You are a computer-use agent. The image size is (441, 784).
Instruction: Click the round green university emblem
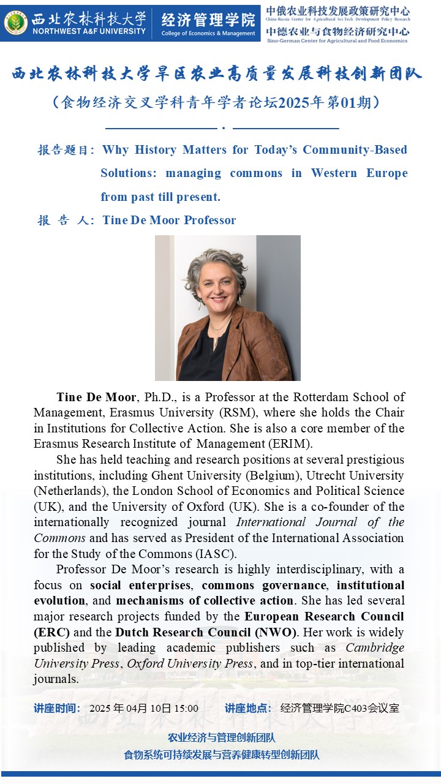click(16, 22)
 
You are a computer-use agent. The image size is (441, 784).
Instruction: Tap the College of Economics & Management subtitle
click(208, 34)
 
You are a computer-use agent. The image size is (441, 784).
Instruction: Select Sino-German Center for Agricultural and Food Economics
click(337, 41)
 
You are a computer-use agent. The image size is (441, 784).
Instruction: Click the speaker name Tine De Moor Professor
click(169, 221)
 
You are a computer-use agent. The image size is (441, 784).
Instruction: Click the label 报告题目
click(66, 150)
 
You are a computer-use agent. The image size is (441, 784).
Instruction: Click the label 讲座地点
click(247, 709)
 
